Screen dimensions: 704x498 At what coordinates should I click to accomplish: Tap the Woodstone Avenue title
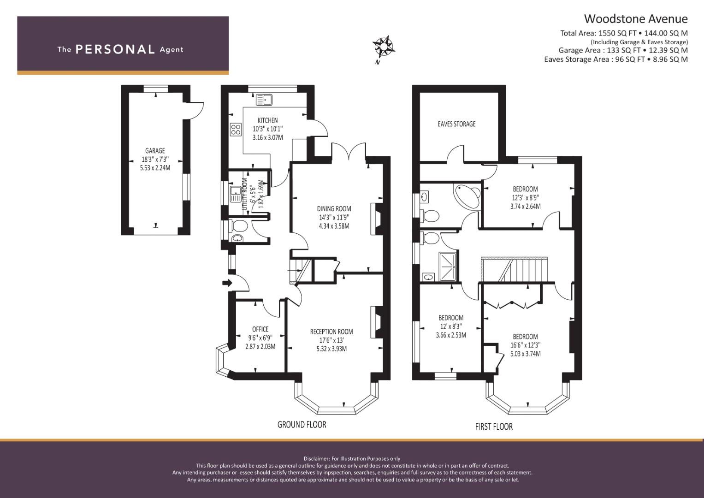636,19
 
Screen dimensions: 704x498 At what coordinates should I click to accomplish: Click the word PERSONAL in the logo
115,49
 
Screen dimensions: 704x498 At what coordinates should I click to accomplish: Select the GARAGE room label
155,151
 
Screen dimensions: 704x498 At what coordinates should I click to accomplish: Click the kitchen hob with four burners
236,130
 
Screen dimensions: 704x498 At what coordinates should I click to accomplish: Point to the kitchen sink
264,100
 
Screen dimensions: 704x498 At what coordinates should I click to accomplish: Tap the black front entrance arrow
227,283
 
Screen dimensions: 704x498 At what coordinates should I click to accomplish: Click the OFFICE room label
260,329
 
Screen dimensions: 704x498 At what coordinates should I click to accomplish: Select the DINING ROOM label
334,209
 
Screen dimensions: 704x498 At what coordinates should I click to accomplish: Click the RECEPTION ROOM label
331,332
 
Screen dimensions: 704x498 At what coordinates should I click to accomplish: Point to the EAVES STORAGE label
457,124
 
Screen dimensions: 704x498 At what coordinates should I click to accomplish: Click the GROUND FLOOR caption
302,425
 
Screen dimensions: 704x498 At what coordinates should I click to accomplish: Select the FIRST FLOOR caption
494,427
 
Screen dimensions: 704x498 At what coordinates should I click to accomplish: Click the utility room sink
236,194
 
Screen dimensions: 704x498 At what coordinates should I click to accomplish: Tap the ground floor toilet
239,225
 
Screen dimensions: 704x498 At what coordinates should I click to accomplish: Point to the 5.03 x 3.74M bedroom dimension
526,354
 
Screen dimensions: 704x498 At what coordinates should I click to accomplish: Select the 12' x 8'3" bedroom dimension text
451,326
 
